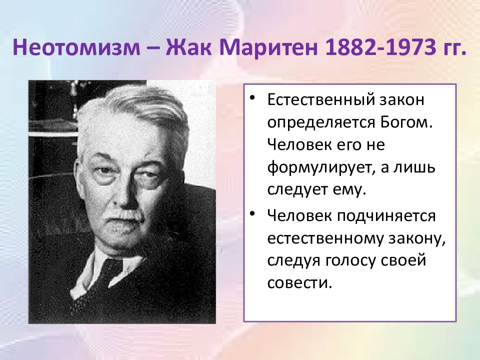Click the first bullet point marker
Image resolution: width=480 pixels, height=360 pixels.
(252, 98)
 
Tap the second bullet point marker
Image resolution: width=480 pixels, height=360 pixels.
(252, 213)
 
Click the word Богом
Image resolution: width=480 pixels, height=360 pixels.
(407, 122)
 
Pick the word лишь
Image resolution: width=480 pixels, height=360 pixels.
(418, 168)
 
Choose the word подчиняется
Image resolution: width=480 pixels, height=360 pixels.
(386, 216)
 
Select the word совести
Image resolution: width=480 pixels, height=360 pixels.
(299, 283)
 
